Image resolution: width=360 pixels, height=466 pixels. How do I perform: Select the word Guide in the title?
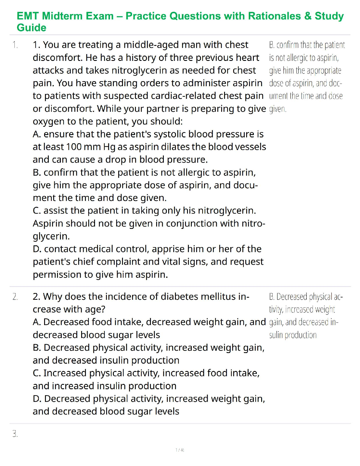[x=31, y=28]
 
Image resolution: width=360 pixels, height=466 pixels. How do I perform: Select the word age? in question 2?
[x=95, y=309]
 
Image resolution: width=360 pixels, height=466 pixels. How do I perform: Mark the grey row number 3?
[x=15, y=434]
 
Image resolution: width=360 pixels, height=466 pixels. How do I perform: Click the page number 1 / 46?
[x=180, y=450]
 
